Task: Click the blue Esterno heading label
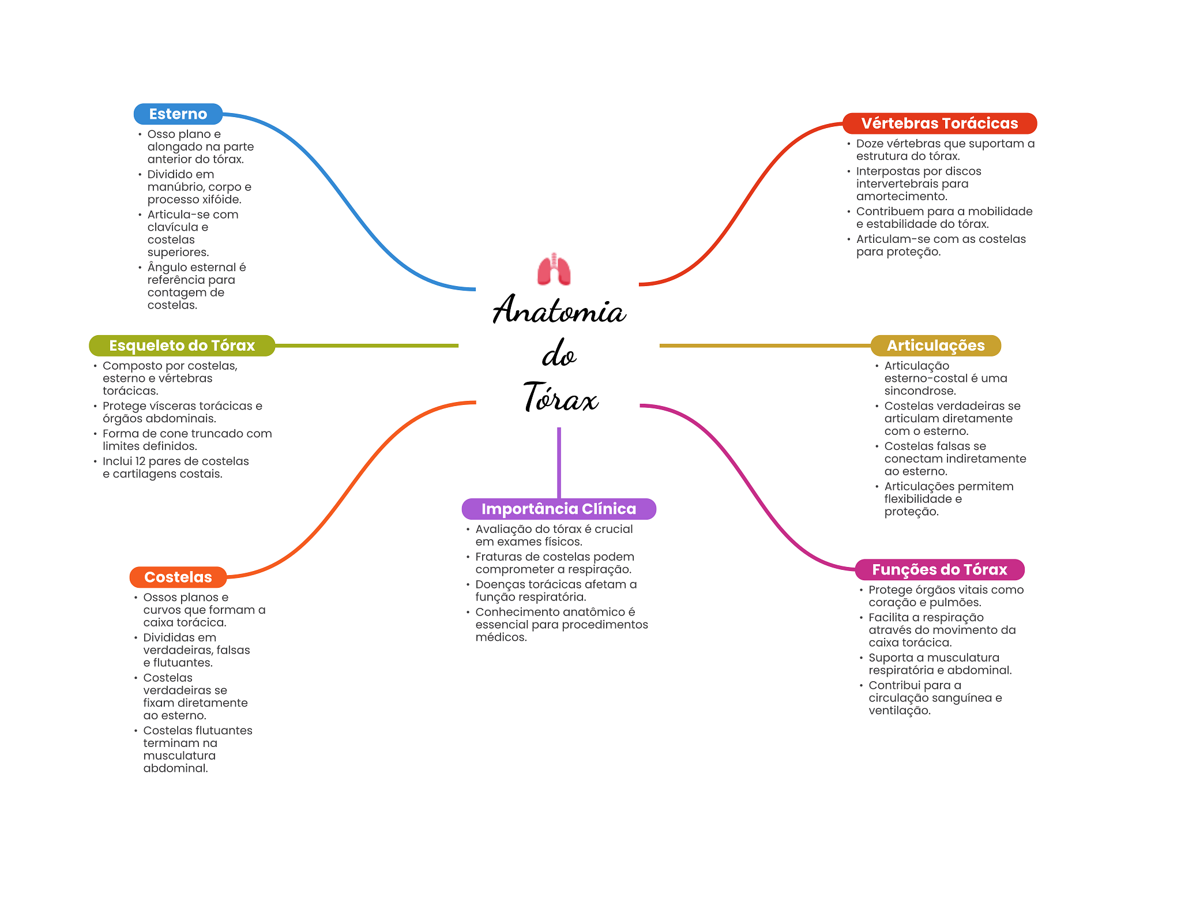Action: click(x=178, y=114)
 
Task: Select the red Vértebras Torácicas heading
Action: click(x=939, y=123)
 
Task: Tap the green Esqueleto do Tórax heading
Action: click(x=182, y=346)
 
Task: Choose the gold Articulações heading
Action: click(x=935, y=346)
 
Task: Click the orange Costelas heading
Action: click(x=178, y=577)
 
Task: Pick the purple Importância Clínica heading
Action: click(x=559, y=509)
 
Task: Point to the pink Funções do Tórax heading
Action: click(x=939, y=569)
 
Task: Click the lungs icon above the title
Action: click(x=554, y=269)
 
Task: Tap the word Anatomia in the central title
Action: click(x=559, y=310)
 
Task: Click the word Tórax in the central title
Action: click(x=561, y=397)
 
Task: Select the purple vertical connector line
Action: click(x=559, y=463)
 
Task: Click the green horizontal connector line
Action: click(x=367, y=346)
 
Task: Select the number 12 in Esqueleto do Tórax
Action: click(x=140, y=461)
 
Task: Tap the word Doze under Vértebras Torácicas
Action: click(x=870, y=144)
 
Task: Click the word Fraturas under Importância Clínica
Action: click(x=498, y=557)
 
